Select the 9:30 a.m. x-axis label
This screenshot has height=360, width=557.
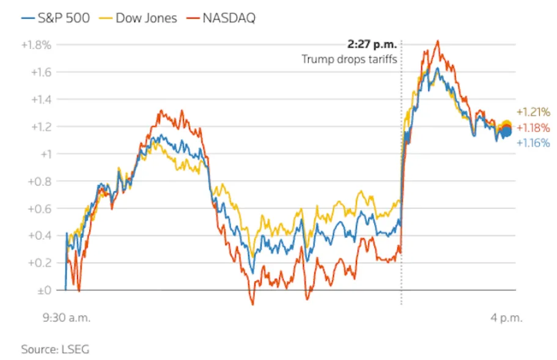[65, 318]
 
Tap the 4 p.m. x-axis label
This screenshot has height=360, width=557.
[506, 318]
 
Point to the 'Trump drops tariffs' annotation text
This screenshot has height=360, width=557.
[349, 59]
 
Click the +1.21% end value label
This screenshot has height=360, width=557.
[533, 112]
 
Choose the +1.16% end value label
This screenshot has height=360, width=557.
[533, 143]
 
